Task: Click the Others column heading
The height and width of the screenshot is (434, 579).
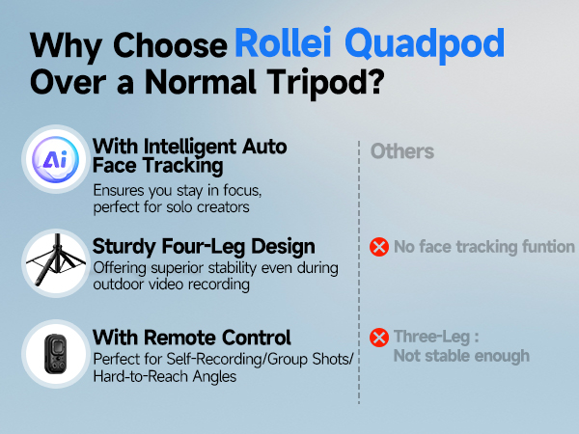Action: click(401, 151)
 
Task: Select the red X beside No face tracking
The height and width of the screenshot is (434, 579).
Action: click(379, 247)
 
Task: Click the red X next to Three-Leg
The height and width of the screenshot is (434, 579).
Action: click(379, 338)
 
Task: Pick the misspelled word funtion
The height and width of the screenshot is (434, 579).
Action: click(543, 247)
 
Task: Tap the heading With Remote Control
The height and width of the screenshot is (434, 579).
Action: click(191, 338)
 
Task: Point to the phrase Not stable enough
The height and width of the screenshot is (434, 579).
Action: click(461, 356)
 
